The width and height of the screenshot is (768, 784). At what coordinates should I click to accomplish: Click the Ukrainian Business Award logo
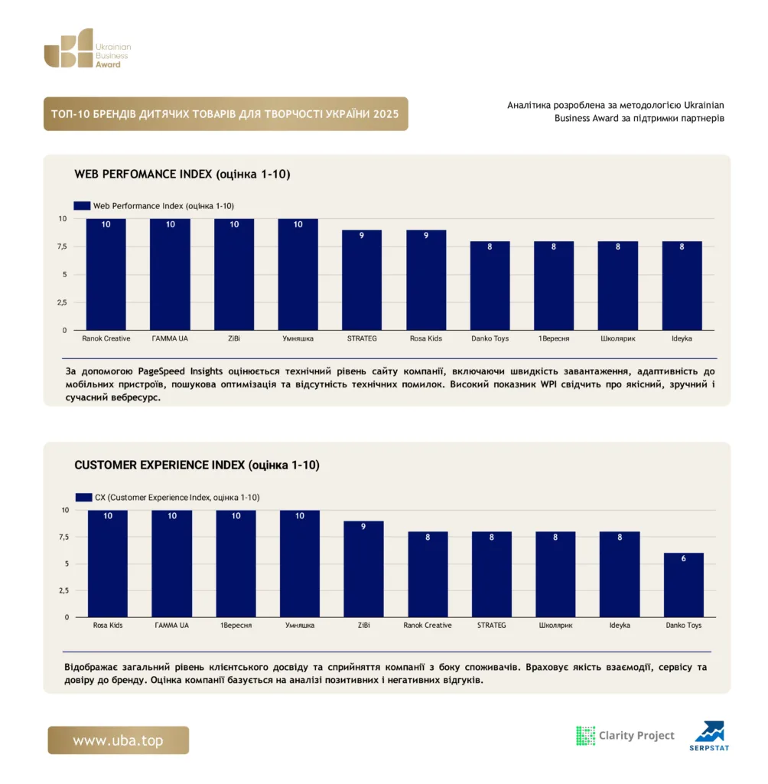point(87,48)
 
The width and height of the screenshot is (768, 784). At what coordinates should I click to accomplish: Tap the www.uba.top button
point(119,740)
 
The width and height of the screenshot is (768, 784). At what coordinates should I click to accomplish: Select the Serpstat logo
point(709,736)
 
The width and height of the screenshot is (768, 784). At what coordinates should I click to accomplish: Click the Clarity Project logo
point(625,736)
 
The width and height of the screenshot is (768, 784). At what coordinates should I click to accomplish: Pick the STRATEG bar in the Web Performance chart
point(362,280)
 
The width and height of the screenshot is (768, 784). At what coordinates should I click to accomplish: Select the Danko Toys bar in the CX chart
point(684,585)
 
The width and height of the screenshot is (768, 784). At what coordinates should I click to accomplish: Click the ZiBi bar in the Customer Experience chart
point(364,569)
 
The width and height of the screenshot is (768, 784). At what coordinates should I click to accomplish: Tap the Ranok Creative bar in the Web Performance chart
point(106,275)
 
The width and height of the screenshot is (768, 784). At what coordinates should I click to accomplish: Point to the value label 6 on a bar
point(684,558)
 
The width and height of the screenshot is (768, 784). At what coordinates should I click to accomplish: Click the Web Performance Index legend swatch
point(82,205)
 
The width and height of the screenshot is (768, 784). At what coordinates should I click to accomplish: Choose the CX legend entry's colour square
point(84,497)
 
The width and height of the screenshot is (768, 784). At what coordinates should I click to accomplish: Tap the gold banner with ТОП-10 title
point(226,114)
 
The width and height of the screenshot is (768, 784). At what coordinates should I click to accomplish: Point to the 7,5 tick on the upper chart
point(62,247)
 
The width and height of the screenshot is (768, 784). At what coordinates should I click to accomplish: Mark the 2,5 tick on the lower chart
point(64,590)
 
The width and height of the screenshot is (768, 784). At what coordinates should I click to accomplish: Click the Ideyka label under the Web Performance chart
point(682,338)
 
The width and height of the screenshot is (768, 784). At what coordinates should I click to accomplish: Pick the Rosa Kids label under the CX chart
point(108,625)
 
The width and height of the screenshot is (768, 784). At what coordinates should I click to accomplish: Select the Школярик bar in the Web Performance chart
point(617,286)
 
